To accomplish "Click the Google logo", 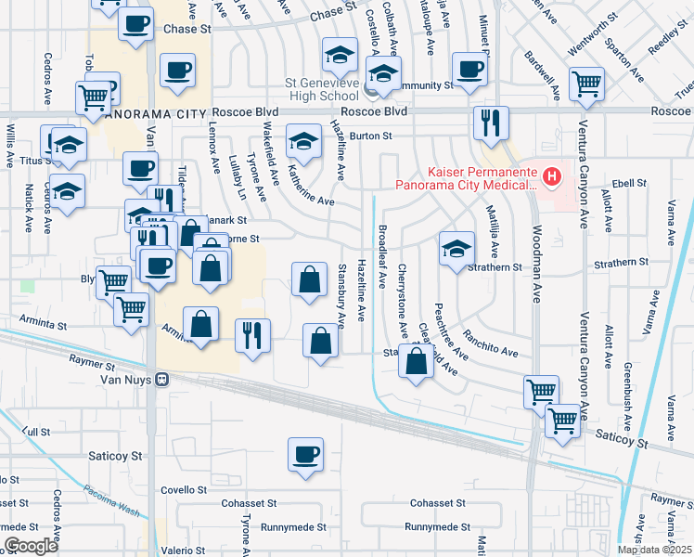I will click(31, 546).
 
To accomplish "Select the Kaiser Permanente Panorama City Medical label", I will click(467, 177).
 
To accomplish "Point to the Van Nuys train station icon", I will click(161, 380).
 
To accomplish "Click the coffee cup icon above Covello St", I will click(305, 455).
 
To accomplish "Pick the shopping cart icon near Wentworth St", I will click(586, 84).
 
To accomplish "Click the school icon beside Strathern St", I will click(456, 249).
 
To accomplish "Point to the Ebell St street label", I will click(628, 183).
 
